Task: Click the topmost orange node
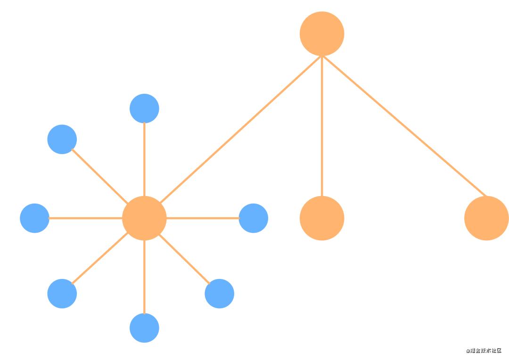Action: pos(322,34)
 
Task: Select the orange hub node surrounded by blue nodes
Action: pos(144,218)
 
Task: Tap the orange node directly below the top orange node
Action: pos(322,218)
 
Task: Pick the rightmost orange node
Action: pos(486,218)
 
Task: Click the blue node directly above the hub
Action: pos(144,108)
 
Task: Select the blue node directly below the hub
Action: pos(144,328)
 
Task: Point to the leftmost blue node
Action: pos(34,218)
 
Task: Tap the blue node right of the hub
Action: pos(254,218)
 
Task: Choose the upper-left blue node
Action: pos(62,139)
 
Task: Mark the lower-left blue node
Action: pos(62,294)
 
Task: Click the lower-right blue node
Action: pos(220,294)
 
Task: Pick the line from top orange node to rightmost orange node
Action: pos(404,126)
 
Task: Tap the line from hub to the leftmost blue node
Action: pos(85,218)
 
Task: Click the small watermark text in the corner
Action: pos(484,351)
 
